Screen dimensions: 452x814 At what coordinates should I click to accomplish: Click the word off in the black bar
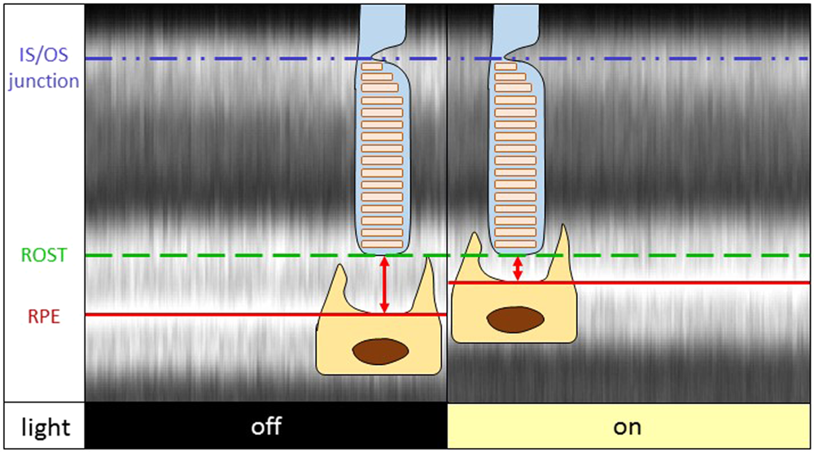pos(266,427)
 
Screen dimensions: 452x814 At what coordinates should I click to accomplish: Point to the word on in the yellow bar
pos(629,427)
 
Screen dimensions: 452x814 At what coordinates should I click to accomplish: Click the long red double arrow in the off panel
pos(384,285)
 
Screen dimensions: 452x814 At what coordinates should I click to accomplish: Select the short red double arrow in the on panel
pos(517,268)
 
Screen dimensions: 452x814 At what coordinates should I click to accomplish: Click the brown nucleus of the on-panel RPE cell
pos(514,319)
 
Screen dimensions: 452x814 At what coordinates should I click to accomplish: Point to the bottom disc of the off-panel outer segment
pos(382,243)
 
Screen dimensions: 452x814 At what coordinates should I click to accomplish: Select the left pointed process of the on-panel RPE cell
pos(470,248)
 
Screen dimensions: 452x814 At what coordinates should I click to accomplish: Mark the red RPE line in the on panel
pos(692,282)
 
